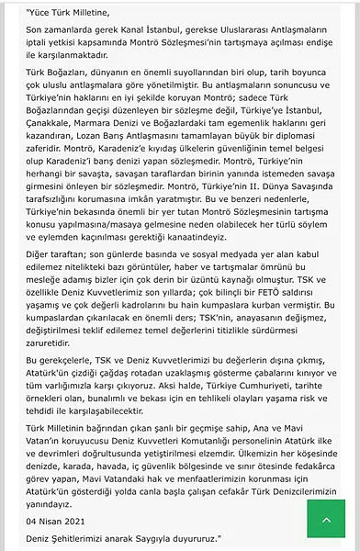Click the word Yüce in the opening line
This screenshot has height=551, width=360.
(x=17, y=12)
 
